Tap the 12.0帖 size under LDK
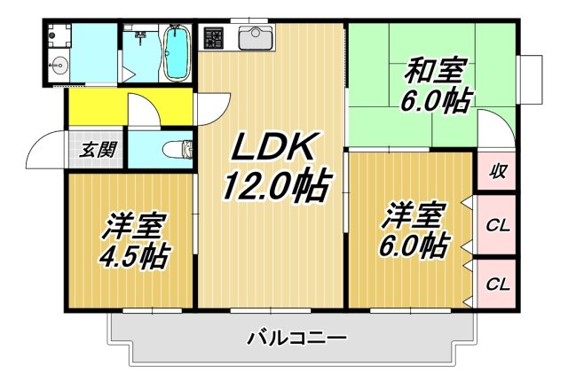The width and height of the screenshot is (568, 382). coord(276,187)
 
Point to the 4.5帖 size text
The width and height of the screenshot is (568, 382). coord(136,257)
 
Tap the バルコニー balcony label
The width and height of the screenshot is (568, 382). coord(296,338)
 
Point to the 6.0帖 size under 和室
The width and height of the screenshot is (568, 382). coord(438,99)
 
